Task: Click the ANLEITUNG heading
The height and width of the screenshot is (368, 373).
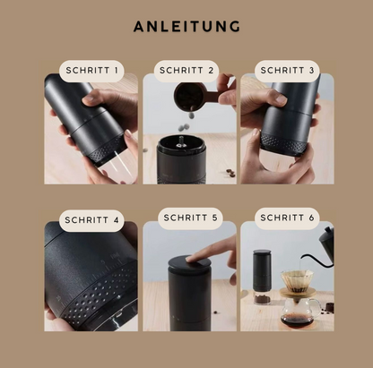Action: click(186, 26)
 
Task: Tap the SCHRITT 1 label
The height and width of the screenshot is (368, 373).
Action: click(91, 71)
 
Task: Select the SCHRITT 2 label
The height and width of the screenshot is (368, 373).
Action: click(186, 71)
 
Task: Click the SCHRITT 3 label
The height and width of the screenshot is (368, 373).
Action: click(287, 71)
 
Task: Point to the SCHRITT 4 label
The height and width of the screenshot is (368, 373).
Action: click(91, 220)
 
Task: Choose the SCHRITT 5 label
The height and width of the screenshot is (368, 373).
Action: click(190, 218)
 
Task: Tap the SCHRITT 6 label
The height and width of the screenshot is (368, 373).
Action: click(287, 218)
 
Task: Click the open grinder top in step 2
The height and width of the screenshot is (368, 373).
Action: click(181, 144)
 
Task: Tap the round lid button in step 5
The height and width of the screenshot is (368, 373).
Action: click(189, 263)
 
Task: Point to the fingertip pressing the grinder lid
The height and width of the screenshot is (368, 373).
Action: click(191, 258)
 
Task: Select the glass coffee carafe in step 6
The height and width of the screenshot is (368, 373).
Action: click(299, 313)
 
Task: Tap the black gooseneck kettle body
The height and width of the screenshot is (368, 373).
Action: click(327, 239)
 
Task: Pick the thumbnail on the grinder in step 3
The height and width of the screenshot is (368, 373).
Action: click(281, 99)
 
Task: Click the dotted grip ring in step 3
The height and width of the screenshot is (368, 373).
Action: click(283, 144)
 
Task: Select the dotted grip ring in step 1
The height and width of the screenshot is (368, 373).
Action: click(107, 149)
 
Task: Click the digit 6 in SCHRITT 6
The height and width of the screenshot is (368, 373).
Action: click(311, 218)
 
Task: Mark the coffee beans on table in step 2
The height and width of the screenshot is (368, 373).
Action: click(230, 173)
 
